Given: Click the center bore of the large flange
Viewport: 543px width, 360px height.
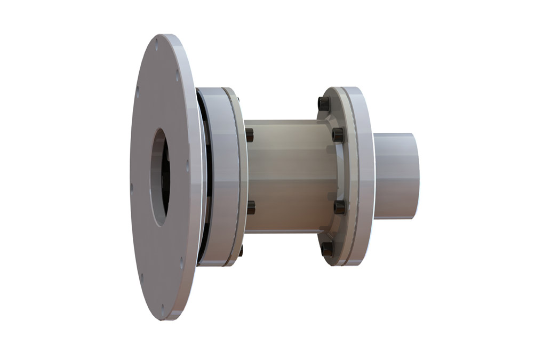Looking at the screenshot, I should coord(160,176).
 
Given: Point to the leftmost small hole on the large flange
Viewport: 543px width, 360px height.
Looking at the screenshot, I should coord(132,187).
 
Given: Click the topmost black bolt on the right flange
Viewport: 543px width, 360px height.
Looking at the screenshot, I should coord(323,103).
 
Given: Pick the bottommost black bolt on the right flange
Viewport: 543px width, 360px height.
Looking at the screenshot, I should coord(326,249).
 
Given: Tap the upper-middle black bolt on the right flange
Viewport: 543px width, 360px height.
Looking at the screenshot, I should coord(337,134).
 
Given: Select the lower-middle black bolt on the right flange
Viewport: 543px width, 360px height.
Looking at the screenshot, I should coord(339,206).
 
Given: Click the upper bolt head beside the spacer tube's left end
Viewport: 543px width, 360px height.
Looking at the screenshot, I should coord(249,135).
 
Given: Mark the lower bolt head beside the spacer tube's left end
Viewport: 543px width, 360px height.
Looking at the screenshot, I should coord(250,207).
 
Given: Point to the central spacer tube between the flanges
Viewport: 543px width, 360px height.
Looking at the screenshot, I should coord(285,176).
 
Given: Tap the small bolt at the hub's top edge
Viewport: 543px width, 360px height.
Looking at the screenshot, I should coord(238,100).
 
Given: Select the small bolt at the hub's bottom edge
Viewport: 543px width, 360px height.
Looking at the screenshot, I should coord(240,251).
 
